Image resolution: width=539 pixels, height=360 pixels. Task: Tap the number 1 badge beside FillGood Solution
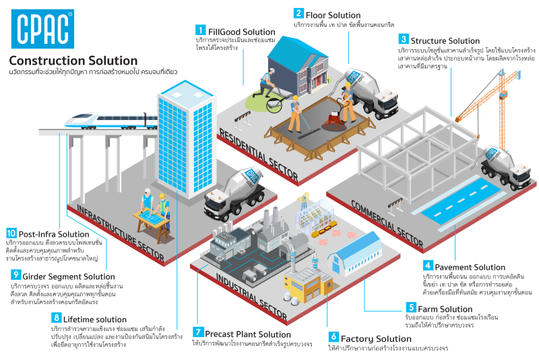point(200,30)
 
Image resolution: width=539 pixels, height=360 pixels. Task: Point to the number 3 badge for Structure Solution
point(404,39)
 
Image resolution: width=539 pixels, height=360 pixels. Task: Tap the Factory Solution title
point(375,338)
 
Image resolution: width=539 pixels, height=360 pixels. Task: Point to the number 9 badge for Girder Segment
point(15,275)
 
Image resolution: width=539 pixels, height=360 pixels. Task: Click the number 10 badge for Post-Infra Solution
point(13,233)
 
